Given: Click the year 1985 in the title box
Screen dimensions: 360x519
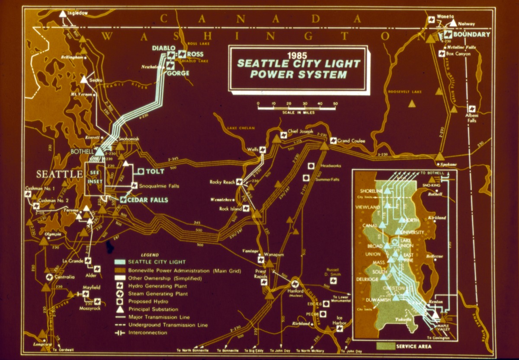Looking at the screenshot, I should pos(298,55).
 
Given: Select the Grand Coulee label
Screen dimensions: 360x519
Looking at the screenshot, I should pos(351,141).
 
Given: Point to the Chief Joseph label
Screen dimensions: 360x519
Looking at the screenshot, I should pos(300,131).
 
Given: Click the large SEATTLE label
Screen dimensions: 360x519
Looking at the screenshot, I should pos(59,174).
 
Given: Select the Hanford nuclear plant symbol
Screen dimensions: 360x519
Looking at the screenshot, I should pos(295,284).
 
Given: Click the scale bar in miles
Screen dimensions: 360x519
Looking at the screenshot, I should pos(297,108).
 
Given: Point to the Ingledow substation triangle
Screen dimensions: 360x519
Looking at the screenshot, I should pos(63,14).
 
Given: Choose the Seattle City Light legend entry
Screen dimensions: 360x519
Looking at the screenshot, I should pos(157,262).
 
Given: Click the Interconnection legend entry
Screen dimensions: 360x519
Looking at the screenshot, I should pos(147,333).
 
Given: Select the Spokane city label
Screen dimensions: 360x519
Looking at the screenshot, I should pos(449,165).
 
